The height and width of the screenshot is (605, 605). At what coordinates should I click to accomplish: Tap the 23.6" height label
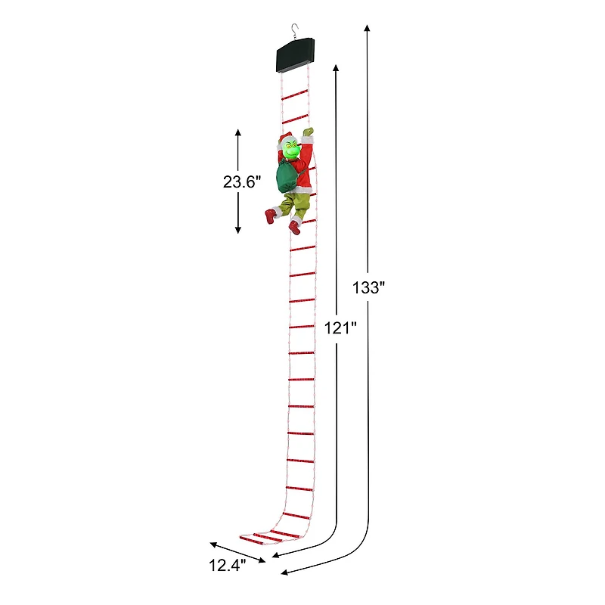(x=242, y=181)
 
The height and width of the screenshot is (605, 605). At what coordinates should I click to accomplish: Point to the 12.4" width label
(x=228, y=564)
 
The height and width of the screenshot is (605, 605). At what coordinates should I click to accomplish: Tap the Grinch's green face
(x=290, y=150)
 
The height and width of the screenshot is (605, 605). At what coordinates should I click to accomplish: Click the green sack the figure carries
(x=287, y=176)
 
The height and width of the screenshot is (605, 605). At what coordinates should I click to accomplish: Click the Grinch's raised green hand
(x=307, y=132)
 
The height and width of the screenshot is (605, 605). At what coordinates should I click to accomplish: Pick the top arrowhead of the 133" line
(x=368, y=27)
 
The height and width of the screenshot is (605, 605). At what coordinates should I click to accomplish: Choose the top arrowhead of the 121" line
(x=335, y=68)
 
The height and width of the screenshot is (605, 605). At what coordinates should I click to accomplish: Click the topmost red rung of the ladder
(x=294, y=95)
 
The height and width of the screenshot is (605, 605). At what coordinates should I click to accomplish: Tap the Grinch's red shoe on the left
(x=270, y=216)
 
